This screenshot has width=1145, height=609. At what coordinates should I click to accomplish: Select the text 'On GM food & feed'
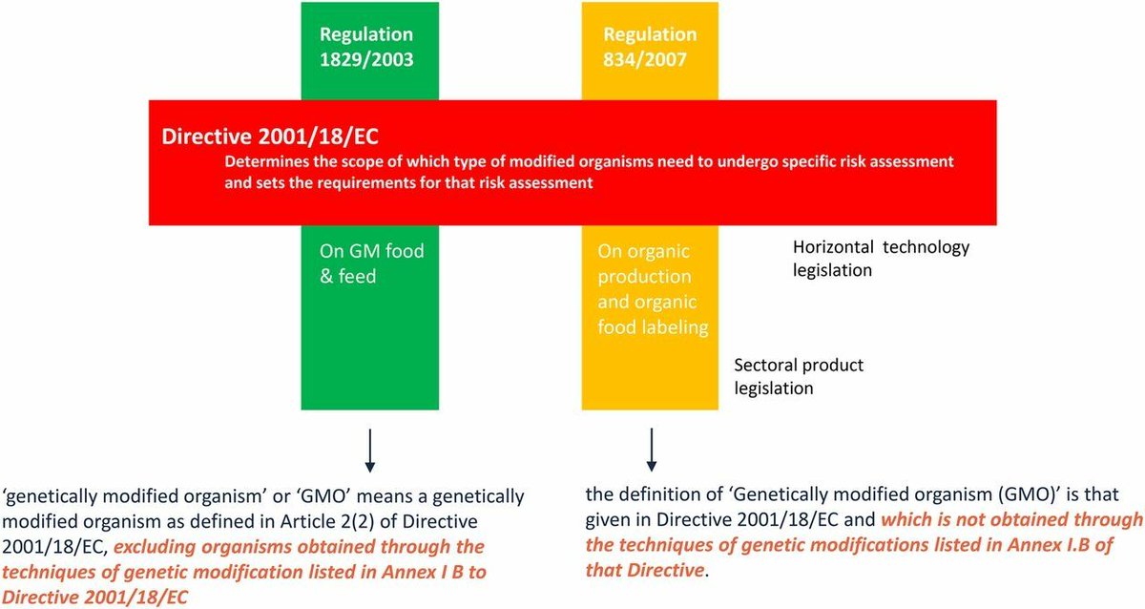[371, 263]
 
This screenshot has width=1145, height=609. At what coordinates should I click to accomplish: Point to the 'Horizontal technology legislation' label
[881, 258]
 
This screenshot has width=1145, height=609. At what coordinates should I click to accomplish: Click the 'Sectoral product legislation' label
[798, 377]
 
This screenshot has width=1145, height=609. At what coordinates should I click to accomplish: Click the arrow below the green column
[370, 451]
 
